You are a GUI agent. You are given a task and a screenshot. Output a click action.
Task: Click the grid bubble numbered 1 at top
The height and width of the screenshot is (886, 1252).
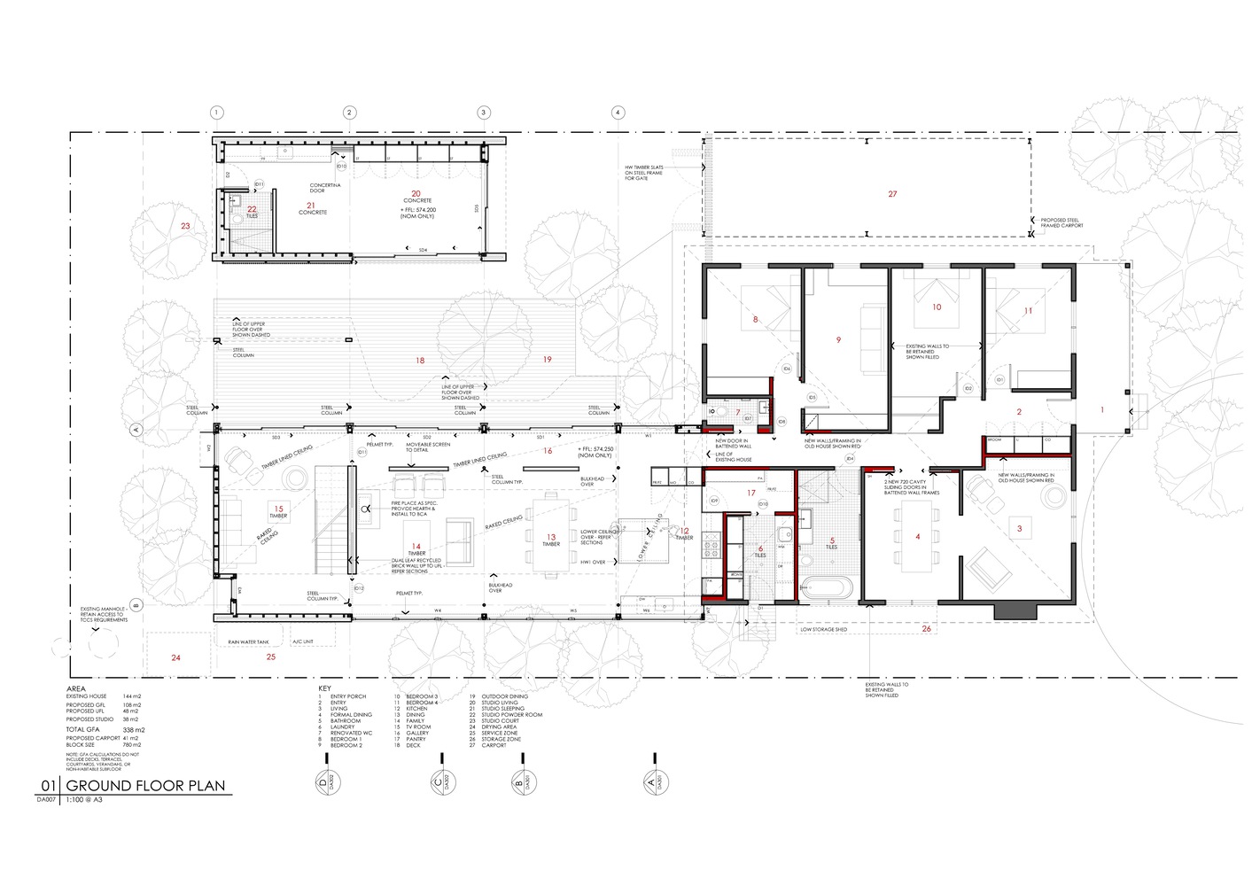(216, 113)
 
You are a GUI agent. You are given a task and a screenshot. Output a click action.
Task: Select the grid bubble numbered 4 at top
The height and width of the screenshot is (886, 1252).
(618, 113)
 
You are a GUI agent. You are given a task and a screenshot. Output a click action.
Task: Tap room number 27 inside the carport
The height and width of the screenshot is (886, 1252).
(892, 194)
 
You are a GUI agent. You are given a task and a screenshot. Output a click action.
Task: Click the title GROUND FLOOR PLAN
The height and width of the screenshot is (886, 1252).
(145, 786)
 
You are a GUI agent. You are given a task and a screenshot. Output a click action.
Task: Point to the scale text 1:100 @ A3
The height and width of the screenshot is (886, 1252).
(84, 799)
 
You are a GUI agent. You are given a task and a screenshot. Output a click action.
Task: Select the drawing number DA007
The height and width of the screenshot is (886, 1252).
(46, 799)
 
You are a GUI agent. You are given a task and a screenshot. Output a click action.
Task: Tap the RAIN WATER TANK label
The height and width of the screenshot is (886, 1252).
(246, 641)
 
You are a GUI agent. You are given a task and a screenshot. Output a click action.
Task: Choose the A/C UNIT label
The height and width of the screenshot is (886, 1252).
(303, 641)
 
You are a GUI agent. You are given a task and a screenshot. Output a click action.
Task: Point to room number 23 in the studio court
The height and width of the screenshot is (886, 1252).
(185, 226)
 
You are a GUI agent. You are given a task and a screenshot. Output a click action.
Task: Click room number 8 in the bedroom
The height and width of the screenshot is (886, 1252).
(755, 320)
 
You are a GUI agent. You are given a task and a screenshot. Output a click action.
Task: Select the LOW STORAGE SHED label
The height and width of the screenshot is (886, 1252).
(823, 630)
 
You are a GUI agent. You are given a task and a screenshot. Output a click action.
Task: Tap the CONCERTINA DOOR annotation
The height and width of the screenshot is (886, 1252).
(317, 188)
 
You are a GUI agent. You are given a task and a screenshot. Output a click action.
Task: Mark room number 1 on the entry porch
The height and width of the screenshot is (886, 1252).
(1102, 410)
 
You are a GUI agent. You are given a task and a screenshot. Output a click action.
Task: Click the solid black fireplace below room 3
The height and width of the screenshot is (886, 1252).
(1015, 610)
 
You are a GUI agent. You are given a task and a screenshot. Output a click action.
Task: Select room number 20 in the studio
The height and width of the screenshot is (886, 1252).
(416, 193)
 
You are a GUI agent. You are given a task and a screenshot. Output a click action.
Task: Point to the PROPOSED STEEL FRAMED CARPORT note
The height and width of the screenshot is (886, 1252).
(1061, 223)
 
